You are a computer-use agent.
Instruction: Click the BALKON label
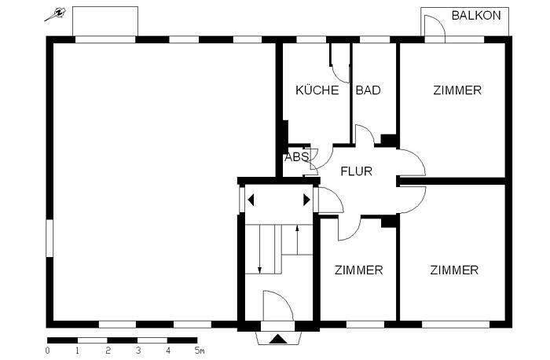(476, 15)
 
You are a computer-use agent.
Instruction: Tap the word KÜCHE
(317, 90)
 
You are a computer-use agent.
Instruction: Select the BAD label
(368, 90)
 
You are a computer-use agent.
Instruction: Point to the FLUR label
(356, 171)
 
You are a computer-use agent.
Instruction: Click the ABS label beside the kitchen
(296, 156)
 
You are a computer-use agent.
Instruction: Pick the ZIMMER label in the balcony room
(456, 90)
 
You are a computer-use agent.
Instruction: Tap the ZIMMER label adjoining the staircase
(358, 270)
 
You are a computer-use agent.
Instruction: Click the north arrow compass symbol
(56, 15)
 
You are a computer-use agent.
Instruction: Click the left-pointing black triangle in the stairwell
(251, 200)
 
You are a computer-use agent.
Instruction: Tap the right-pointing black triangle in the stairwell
(306, 200)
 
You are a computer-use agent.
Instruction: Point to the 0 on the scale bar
(48, 351)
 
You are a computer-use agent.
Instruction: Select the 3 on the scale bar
(137, 351)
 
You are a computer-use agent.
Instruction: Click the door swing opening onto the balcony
(436, 28)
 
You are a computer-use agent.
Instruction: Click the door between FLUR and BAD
(365, 134)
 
